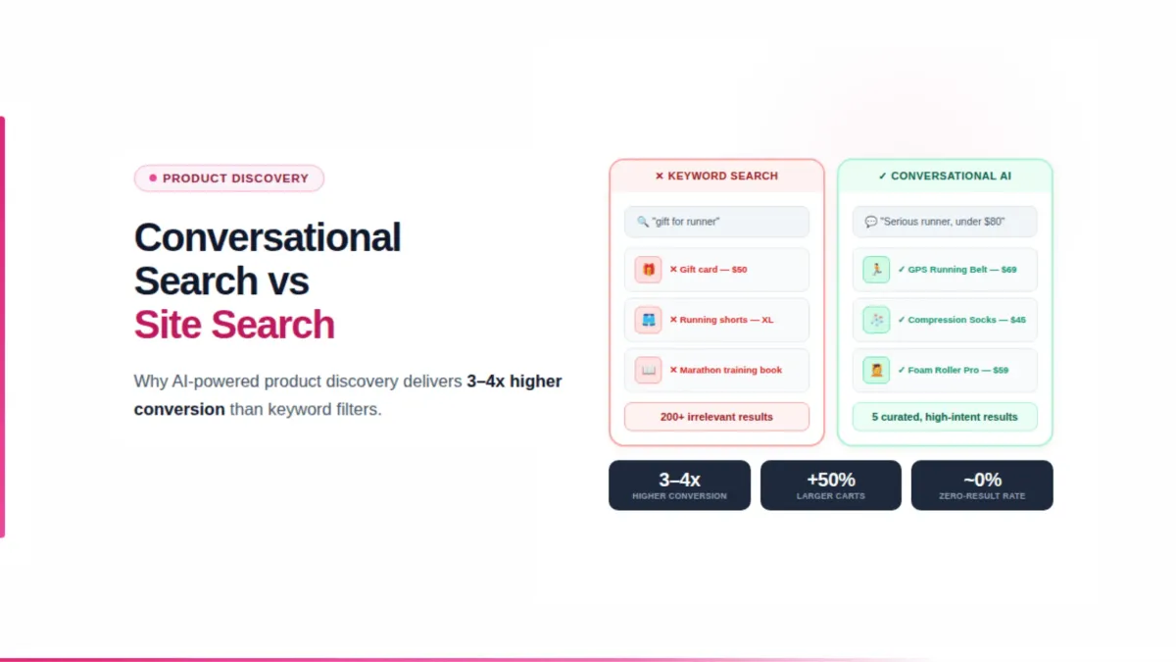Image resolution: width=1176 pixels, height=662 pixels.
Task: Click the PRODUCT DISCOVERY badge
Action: [x=229, y=178]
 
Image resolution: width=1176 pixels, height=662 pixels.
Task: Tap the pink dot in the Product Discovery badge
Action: [x=153, y=178]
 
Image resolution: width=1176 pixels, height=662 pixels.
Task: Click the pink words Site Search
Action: [x=234, y=325]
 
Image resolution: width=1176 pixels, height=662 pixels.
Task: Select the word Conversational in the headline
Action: [x=268, y=237]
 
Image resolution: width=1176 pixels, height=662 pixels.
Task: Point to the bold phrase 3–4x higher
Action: [x=514, y=381]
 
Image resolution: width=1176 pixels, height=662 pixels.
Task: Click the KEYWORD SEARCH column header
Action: [x=716, y=177]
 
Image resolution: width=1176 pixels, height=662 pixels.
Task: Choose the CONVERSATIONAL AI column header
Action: [x=945, y=177]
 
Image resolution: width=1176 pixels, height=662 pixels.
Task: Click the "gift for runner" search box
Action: [x=716, y=222]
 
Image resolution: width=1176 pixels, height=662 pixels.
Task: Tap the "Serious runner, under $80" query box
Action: [x=945, y=222]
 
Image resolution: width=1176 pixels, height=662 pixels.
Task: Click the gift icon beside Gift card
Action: [x=648, y=270]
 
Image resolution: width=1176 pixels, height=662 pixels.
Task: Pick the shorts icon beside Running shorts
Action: [x=648, y=320]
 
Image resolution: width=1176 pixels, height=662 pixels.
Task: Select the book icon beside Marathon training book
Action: [x=648, y=370]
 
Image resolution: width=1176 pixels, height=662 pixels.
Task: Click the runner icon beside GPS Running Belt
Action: [x=876, y=270]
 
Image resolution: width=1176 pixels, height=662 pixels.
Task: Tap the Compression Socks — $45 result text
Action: [x=966, y=320]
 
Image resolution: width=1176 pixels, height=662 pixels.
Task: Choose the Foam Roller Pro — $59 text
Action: [x=957, y=370]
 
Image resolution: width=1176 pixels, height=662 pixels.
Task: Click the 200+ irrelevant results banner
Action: [x=716, y=417]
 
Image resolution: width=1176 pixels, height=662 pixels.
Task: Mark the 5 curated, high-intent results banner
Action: [x=945, y=417]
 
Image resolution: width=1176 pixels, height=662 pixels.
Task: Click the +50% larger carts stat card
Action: [x=831, y=485]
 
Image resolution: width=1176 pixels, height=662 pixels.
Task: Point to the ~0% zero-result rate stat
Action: [x=982, y=485]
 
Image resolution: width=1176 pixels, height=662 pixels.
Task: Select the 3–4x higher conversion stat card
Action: [x=679, y=485]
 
